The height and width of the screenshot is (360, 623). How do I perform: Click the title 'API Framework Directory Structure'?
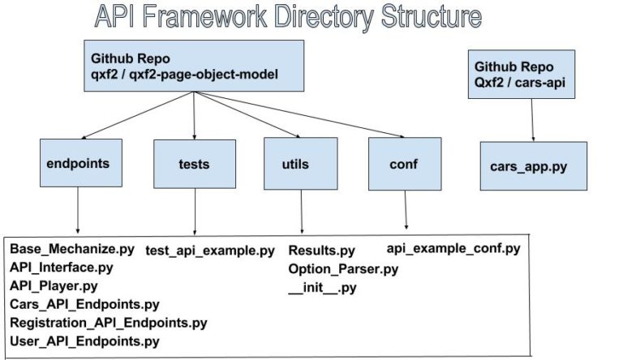287,16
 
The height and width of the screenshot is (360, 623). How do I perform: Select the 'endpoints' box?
79,164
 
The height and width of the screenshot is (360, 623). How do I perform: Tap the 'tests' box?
194,164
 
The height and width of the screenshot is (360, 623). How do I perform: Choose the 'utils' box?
300,164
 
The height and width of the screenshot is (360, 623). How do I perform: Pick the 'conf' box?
404,164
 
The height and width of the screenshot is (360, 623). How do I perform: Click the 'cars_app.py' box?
533,166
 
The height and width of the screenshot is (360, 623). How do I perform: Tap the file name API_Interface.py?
62,268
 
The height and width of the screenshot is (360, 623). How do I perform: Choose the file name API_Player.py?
54,286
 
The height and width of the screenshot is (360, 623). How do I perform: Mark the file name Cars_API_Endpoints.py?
84,305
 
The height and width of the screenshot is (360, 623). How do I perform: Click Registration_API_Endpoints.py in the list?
108,323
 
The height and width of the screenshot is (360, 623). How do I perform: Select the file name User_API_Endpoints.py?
84,341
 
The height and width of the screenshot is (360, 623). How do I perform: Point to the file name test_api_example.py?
210,251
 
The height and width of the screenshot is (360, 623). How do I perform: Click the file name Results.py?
322,251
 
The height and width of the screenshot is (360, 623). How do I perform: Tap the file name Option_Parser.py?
343,268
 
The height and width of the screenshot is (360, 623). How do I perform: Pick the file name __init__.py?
322,287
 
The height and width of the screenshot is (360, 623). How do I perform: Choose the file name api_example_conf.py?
453,248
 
